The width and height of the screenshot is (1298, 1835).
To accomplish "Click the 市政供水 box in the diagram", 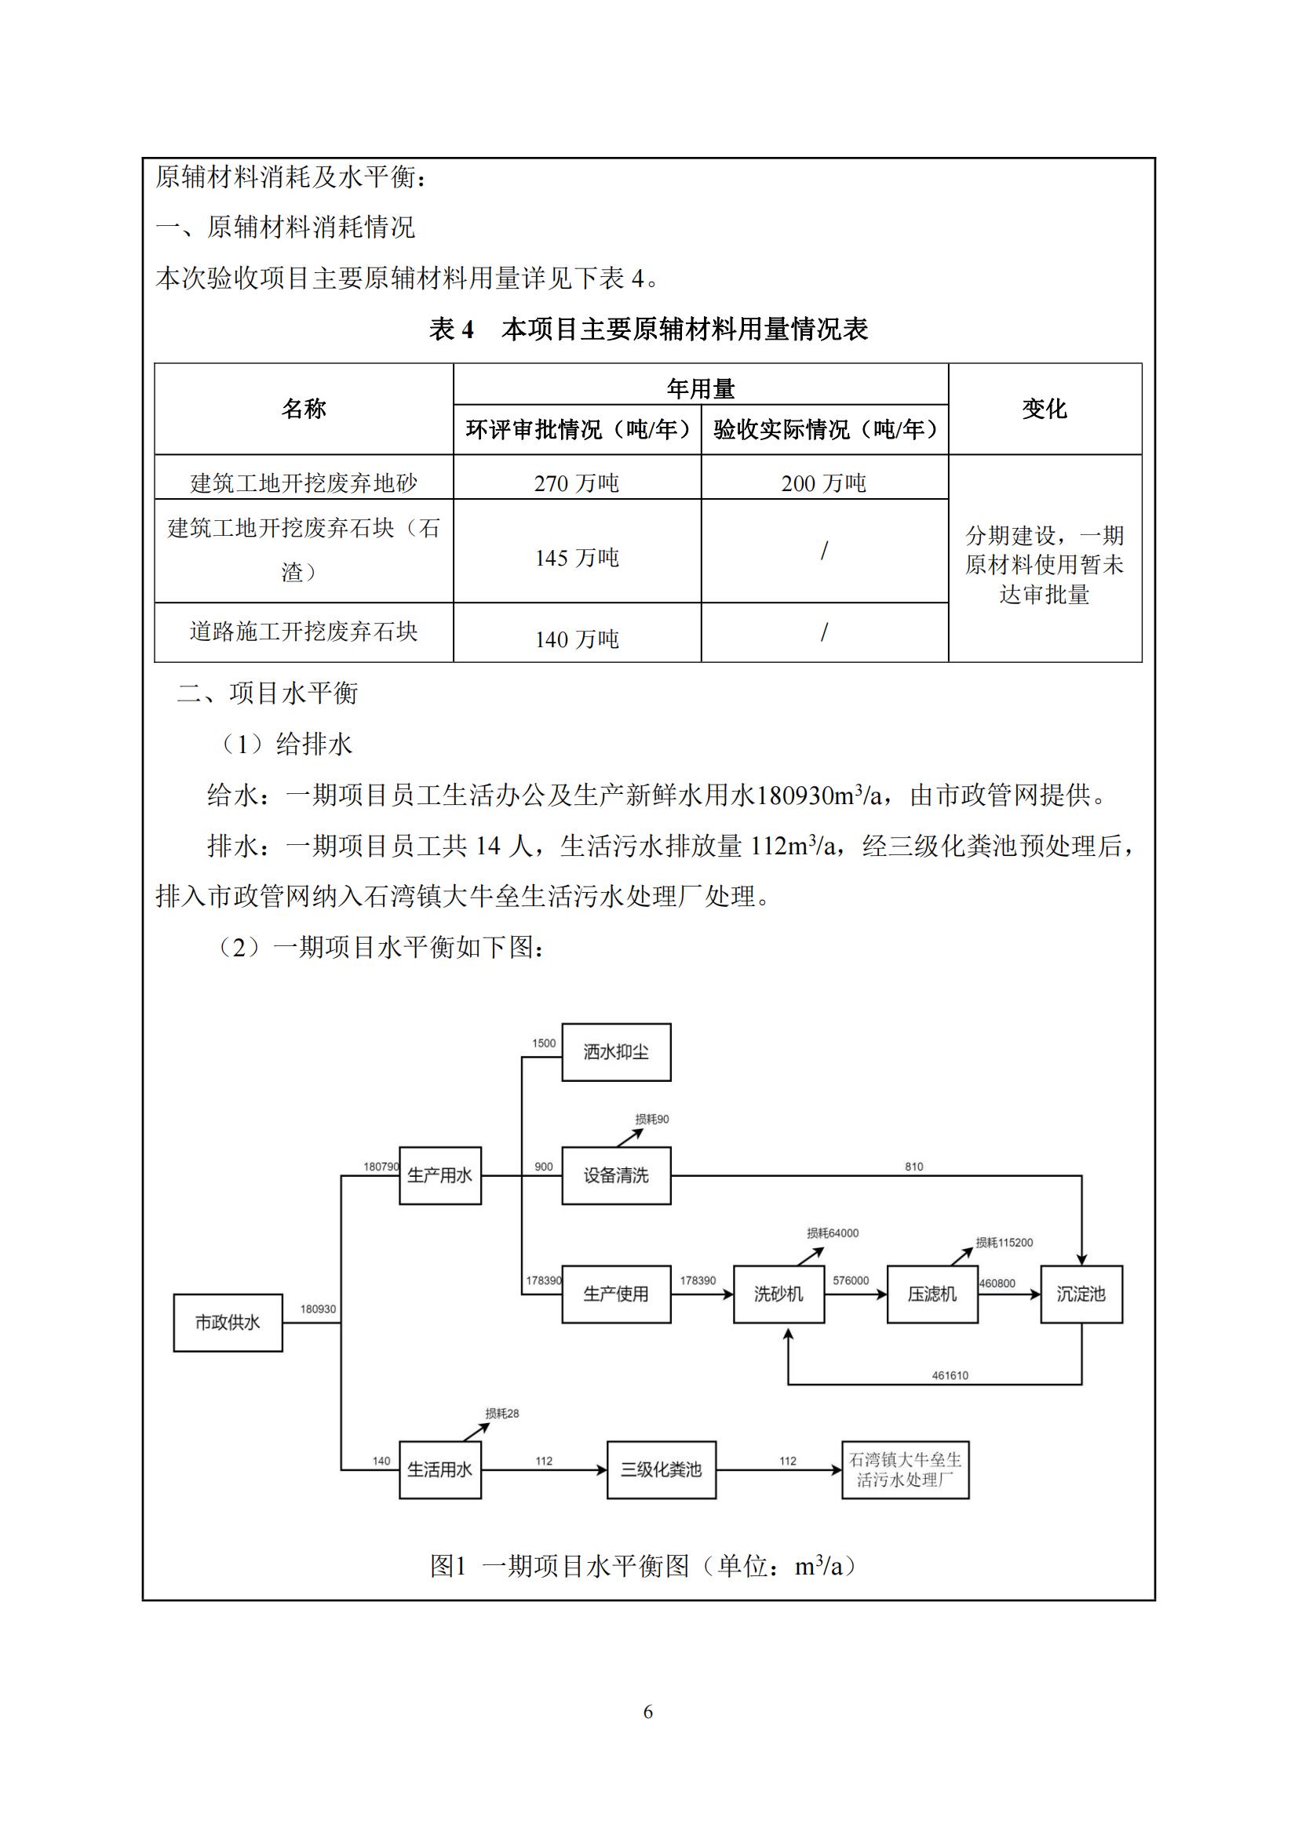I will tap(228, 1323).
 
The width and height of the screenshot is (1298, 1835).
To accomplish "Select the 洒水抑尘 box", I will tap(615, 1052).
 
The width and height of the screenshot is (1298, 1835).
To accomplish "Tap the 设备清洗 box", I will tap(615, 1176).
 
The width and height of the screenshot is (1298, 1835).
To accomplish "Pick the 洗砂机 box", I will tap(778, 1294).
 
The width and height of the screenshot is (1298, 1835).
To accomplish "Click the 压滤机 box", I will tap(932, 1294).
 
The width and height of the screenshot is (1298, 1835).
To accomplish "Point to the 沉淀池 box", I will tap(1081, 1294).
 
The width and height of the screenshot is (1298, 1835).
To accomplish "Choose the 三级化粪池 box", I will tap(661, 1469).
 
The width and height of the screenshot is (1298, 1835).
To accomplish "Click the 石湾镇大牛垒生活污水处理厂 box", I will tap(905, 1469).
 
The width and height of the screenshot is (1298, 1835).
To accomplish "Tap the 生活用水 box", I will tap(439, 1469).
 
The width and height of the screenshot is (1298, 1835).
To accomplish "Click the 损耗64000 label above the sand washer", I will tap(833, 1233).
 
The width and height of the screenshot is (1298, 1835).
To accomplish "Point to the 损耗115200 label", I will tap(1004, 1243).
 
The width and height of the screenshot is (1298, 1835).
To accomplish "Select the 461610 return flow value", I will tap(950, 1375).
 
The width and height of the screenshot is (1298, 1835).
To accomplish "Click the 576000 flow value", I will tap(851, 1280).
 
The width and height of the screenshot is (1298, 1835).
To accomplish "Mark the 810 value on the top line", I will tap(913, 1167).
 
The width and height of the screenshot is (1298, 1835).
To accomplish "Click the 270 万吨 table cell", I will tap(576, 482).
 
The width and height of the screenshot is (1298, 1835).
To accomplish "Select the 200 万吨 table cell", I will tap(823, 482).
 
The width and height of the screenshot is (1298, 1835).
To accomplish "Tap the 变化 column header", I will tap(1044, 410).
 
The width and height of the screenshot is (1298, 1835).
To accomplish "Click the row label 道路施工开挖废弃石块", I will tap(304, 632).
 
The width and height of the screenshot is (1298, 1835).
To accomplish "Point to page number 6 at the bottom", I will tap(648, 1711).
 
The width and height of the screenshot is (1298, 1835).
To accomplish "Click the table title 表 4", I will tap(452, 329).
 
